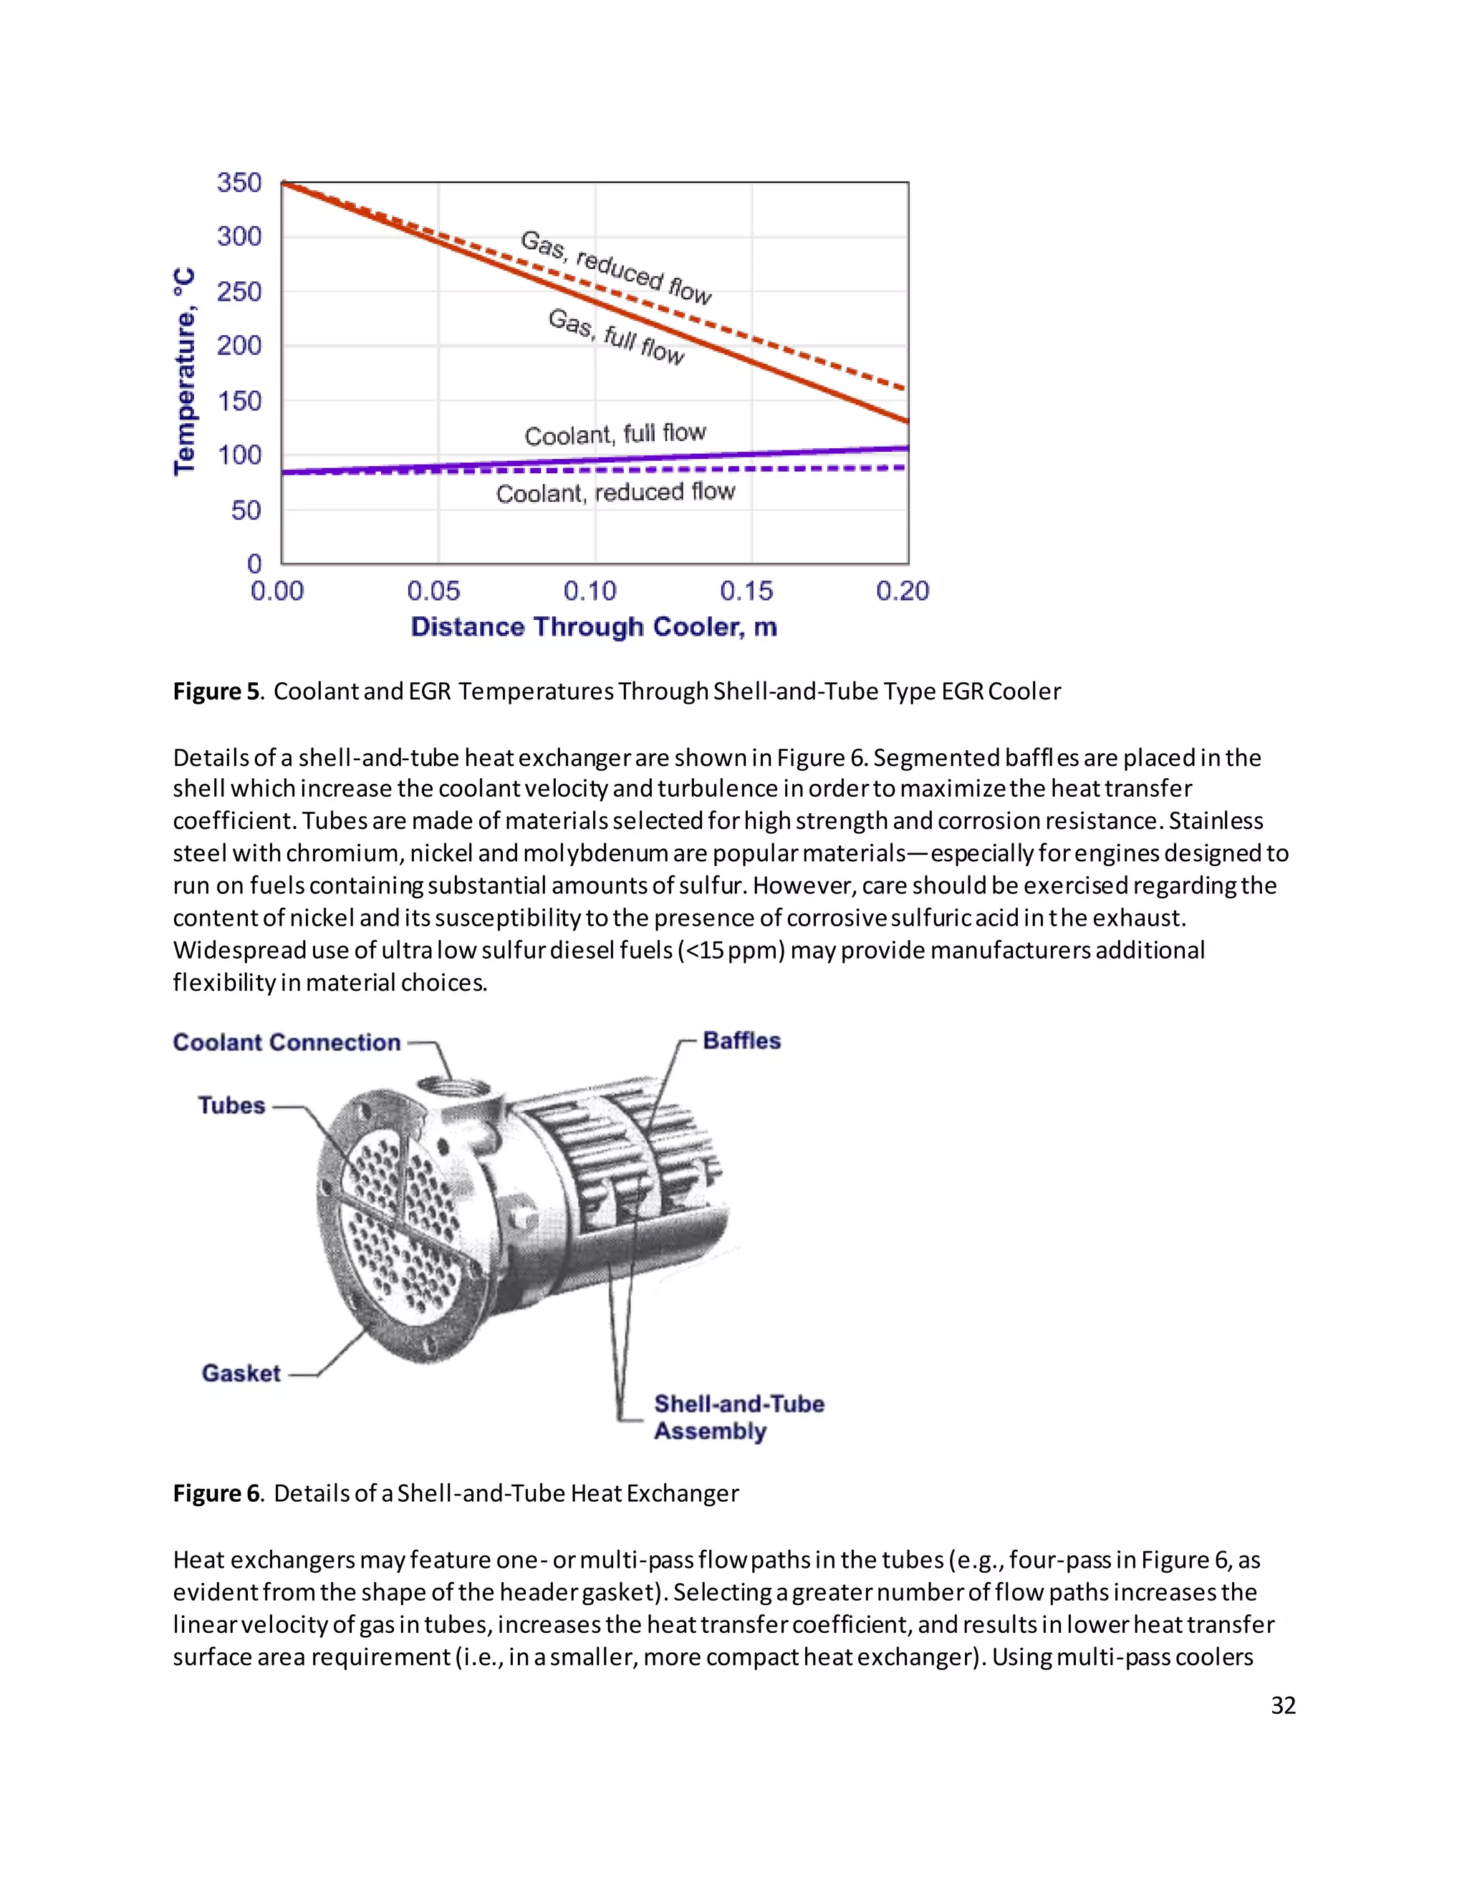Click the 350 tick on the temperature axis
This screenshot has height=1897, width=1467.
coord(239,183)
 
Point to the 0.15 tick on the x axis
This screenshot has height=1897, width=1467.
coord(746,591)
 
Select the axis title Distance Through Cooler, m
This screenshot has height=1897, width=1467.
coord(594,627)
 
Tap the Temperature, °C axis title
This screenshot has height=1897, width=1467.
coord(184,372)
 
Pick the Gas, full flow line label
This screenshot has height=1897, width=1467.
coord(616,336)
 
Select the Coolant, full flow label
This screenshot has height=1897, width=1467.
coord(615,433)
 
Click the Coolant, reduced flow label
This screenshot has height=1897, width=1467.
coord(615,493)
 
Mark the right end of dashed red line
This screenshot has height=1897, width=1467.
coord(904,387)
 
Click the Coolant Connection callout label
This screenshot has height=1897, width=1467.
coord(287,1042)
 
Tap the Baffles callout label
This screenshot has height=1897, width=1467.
coord(741,1041)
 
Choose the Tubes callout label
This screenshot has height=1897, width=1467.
coord(231,1106)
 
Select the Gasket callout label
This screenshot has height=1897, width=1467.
coord(241,1373)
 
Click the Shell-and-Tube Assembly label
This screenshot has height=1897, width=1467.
coord(738,1417)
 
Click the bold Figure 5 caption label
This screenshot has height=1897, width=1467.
coord(216,692)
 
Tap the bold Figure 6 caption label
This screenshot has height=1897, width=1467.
coord(216,1493)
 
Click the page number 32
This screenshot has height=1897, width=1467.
coord(1283,1705)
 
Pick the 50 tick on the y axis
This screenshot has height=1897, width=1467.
coord(246,510)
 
